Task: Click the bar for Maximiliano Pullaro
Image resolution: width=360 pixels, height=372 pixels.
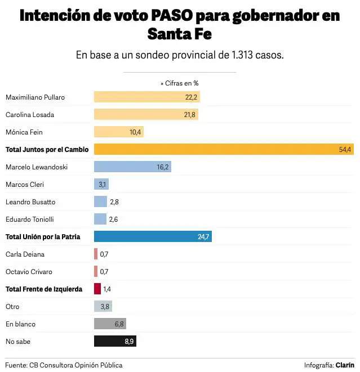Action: (146, 97)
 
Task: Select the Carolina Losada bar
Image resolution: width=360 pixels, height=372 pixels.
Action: (146, 114)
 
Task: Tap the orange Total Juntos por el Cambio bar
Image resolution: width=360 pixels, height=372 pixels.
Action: (224, 149)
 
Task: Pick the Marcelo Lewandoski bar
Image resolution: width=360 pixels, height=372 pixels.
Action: (132, 167)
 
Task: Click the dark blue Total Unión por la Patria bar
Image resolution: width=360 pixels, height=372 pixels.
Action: (152, 236)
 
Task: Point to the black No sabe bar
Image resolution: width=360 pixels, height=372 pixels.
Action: (115, 341)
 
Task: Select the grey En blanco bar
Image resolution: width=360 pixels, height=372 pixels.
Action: (110, 324)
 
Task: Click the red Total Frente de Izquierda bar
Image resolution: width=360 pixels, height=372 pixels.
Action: (97, 289)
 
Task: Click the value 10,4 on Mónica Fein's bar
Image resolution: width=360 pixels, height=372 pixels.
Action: (136, 132)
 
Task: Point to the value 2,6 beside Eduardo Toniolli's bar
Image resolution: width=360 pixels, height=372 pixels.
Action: (114, 219)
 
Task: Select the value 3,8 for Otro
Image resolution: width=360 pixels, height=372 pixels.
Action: (105, 306)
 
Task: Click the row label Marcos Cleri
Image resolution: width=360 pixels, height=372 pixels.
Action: (25, 184)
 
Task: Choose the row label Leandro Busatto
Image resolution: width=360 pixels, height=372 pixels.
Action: (30, 201)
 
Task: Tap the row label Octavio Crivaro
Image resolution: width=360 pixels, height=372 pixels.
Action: (29, 271)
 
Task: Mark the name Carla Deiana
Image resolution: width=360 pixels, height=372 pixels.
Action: (25, 254)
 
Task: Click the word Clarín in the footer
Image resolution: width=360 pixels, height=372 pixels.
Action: (345, 365)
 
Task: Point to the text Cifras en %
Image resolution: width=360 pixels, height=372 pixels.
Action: (181, 83)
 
